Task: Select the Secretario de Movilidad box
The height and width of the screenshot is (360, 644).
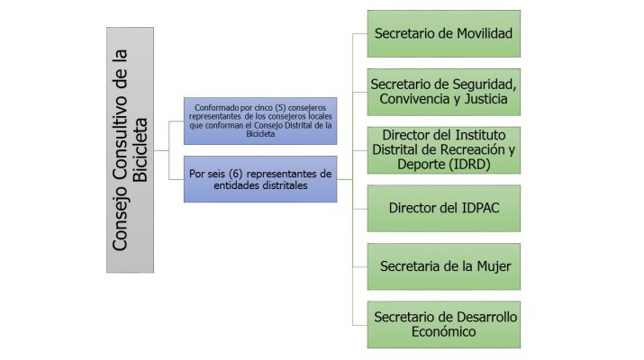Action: click(443, 34)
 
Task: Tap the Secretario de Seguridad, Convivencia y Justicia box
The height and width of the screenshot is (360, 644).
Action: click(443, 92)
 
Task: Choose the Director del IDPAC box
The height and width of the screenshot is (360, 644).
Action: click(443, 207)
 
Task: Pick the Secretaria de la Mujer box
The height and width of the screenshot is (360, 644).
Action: click(443, 266)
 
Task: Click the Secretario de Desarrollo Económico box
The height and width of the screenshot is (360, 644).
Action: click(443, 324)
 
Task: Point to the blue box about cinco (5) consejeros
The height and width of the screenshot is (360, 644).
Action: click(259, 120)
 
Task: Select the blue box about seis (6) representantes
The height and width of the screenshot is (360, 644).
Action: click(259, 178)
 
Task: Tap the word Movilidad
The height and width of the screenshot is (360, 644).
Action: click(481, 34)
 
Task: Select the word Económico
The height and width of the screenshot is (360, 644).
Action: click(443, 332)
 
